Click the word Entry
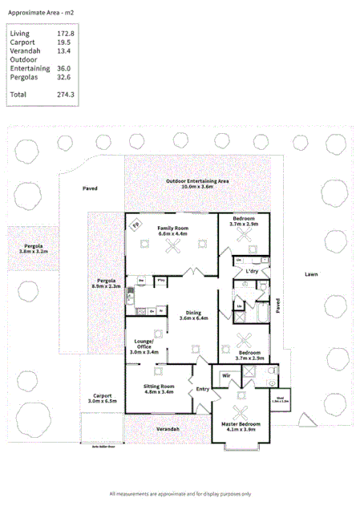pyautogui.click(x=202, y=390)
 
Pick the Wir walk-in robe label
pyautogui.click(x=226, y=374)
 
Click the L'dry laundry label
pyautogui.click(x=252, y=272)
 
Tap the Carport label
pyautogui.click(x=102, y=398)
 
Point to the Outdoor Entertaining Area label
pyautogui.click(x=198, y=182)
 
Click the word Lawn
pyautogui.click(x=311, y=274)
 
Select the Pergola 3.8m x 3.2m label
pyautogui.click(x=34, y=249)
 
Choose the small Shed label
pyautogui.click(x=281, y=397)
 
